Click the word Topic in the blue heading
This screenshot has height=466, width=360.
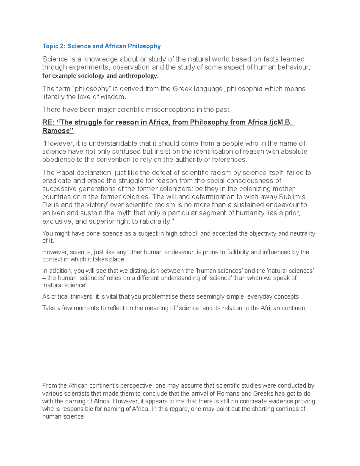coord(50,46)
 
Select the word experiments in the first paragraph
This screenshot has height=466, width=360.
coord(83,67)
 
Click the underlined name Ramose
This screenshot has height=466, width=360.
coord(57,131)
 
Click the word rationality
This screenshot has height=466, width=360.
coord(155,221)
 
